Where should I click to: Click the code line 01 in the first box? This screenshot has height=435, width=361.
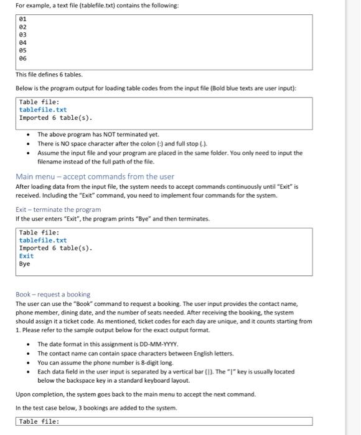pyautogui.click(x=23, y=19)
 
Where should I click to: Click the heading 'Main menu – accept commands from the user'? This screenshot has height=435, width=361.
pyautogui.click(x=95, y=176)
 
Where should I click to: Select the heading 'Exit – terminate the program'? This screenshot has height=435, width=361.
pyautogui.click(x=58, y=209)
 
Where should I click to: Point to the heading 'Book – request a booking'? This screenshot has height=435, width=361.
pyautogui.click(x=53, y=294)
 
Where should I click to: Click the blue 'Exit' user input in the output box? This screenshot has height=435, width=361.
pyautogui.click(x=27, y=255)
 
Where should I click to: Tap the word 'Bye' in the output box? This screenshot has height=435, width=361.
pyautogui.click(x=25, y=263)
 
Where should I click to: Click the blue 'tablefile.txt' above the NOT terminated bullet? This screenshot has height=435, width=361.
pyautogui.click(x=43, y=109)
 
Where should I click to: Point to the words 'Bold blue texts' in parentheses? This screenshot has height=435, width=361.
pyautogui.click(x=234, y=89)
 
